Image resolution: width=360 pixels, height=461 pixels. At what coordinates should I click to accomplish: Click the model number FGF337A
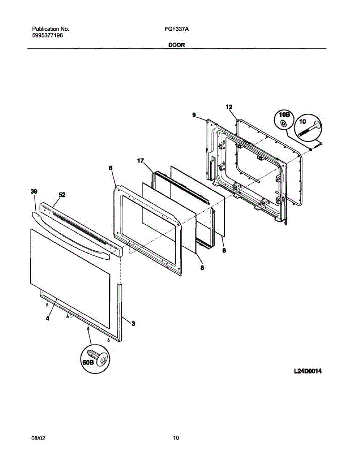point(170,29)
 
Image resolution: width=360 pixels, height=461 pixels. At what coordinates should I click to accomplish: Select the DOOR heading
point(176,45)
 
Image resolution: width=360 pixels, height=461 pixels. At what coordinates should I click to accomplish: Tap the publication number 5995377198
point(47,35)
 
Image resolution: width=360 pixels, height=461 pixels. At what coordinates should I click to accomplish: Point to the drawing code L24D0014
point(307,371)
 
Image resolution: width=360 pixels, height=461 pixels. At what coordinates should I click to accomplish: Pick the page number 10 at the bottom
point(176,438)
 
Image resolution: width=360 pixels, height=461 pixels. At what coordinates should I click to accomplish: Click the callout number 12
point(229,107)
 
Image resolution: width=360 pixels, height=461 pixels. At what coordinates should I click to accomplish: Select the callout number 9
point(194,114)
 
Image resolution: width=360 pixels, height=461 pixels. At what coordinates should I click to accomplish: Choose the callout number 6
point(111,168)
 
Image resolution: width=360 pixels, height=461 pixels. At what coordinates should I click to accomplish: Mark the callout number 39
point(34,191)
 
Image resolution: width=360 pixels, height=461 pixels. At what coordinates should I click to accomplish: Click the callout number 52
point(62,195)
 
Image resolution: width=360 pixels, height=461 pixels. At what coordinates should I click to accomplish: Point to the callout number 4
point(47,318)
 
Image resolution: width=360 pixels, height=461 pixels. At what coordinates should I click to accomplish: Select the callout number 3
point(133,324)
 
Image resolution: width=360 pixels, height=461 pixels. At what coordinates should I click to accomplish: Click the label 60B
point(88,363)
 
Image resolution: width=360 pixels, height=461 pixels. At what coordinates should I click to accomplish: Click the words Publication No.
point(50,29)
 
